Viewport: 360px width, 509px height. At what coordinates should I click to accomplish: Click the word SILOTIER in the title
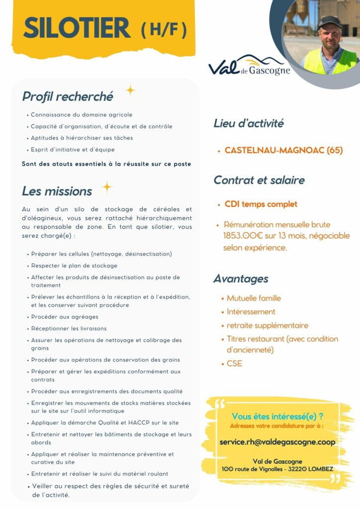coord(77,28)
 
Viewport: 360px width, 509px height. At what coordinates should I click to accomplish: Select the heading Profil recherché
coord(68,96)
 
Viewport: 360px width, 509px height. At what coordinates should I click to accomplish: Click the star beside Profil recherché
coord(130,90)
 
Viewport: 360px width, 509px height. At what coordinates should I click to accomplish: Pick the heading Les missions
coord(57,191)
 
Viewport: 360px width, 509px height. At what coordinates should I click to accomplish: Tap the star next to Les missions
coord(106,187)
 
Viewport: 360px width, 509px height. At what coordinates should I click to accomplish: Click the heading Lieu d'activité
coord(248,123)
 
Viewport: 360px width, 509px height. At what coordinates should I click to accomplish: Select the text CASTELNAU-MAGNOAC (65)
coord(283,150)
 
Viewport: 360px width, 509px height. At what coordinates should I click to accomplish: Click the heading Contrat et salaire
coord(259,180)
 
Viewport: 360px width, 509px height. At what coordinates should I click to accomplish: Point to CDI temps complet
coord(261,204)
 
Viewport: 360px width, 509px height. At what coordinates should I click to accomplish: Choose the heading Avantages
coord(241,278)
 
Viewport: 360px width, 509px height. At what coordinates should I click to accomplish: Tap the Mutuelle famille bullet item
coord(254,298)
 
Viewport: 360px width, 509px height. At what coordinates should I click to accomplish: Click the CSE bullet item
coord(234,363)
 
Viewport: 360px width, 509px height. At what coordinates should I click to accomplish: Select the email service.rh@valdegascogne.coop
coord(277,441)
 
